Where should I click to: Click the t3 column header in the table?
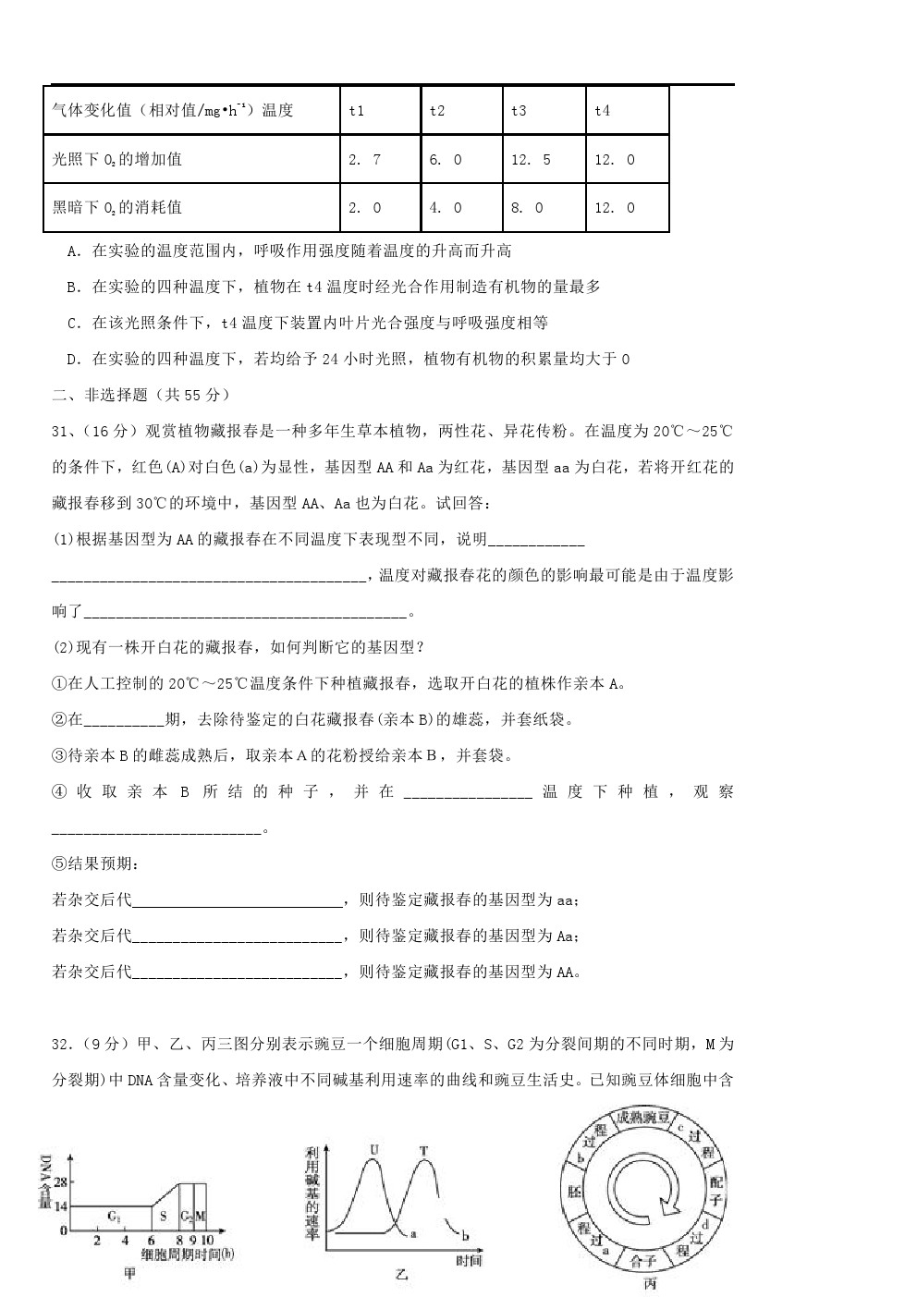519,111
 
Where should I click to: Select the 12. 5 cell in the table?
531,160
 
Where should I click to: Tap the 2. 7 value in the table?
364,160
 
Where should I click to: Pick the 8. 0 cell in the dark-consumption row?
527,208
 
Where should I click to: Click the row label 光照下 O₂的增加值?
117,160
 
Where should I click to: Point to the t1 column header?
357,111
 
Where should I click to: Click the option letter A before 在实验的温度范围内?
73,251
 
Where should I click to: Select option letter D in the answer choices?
73,359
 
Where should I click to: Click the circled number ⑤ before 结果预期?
59,864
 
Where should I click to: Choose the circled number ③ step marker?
59,756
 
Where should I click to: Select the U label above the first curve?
373,1150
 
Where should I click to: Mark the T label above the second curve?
424,1151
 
